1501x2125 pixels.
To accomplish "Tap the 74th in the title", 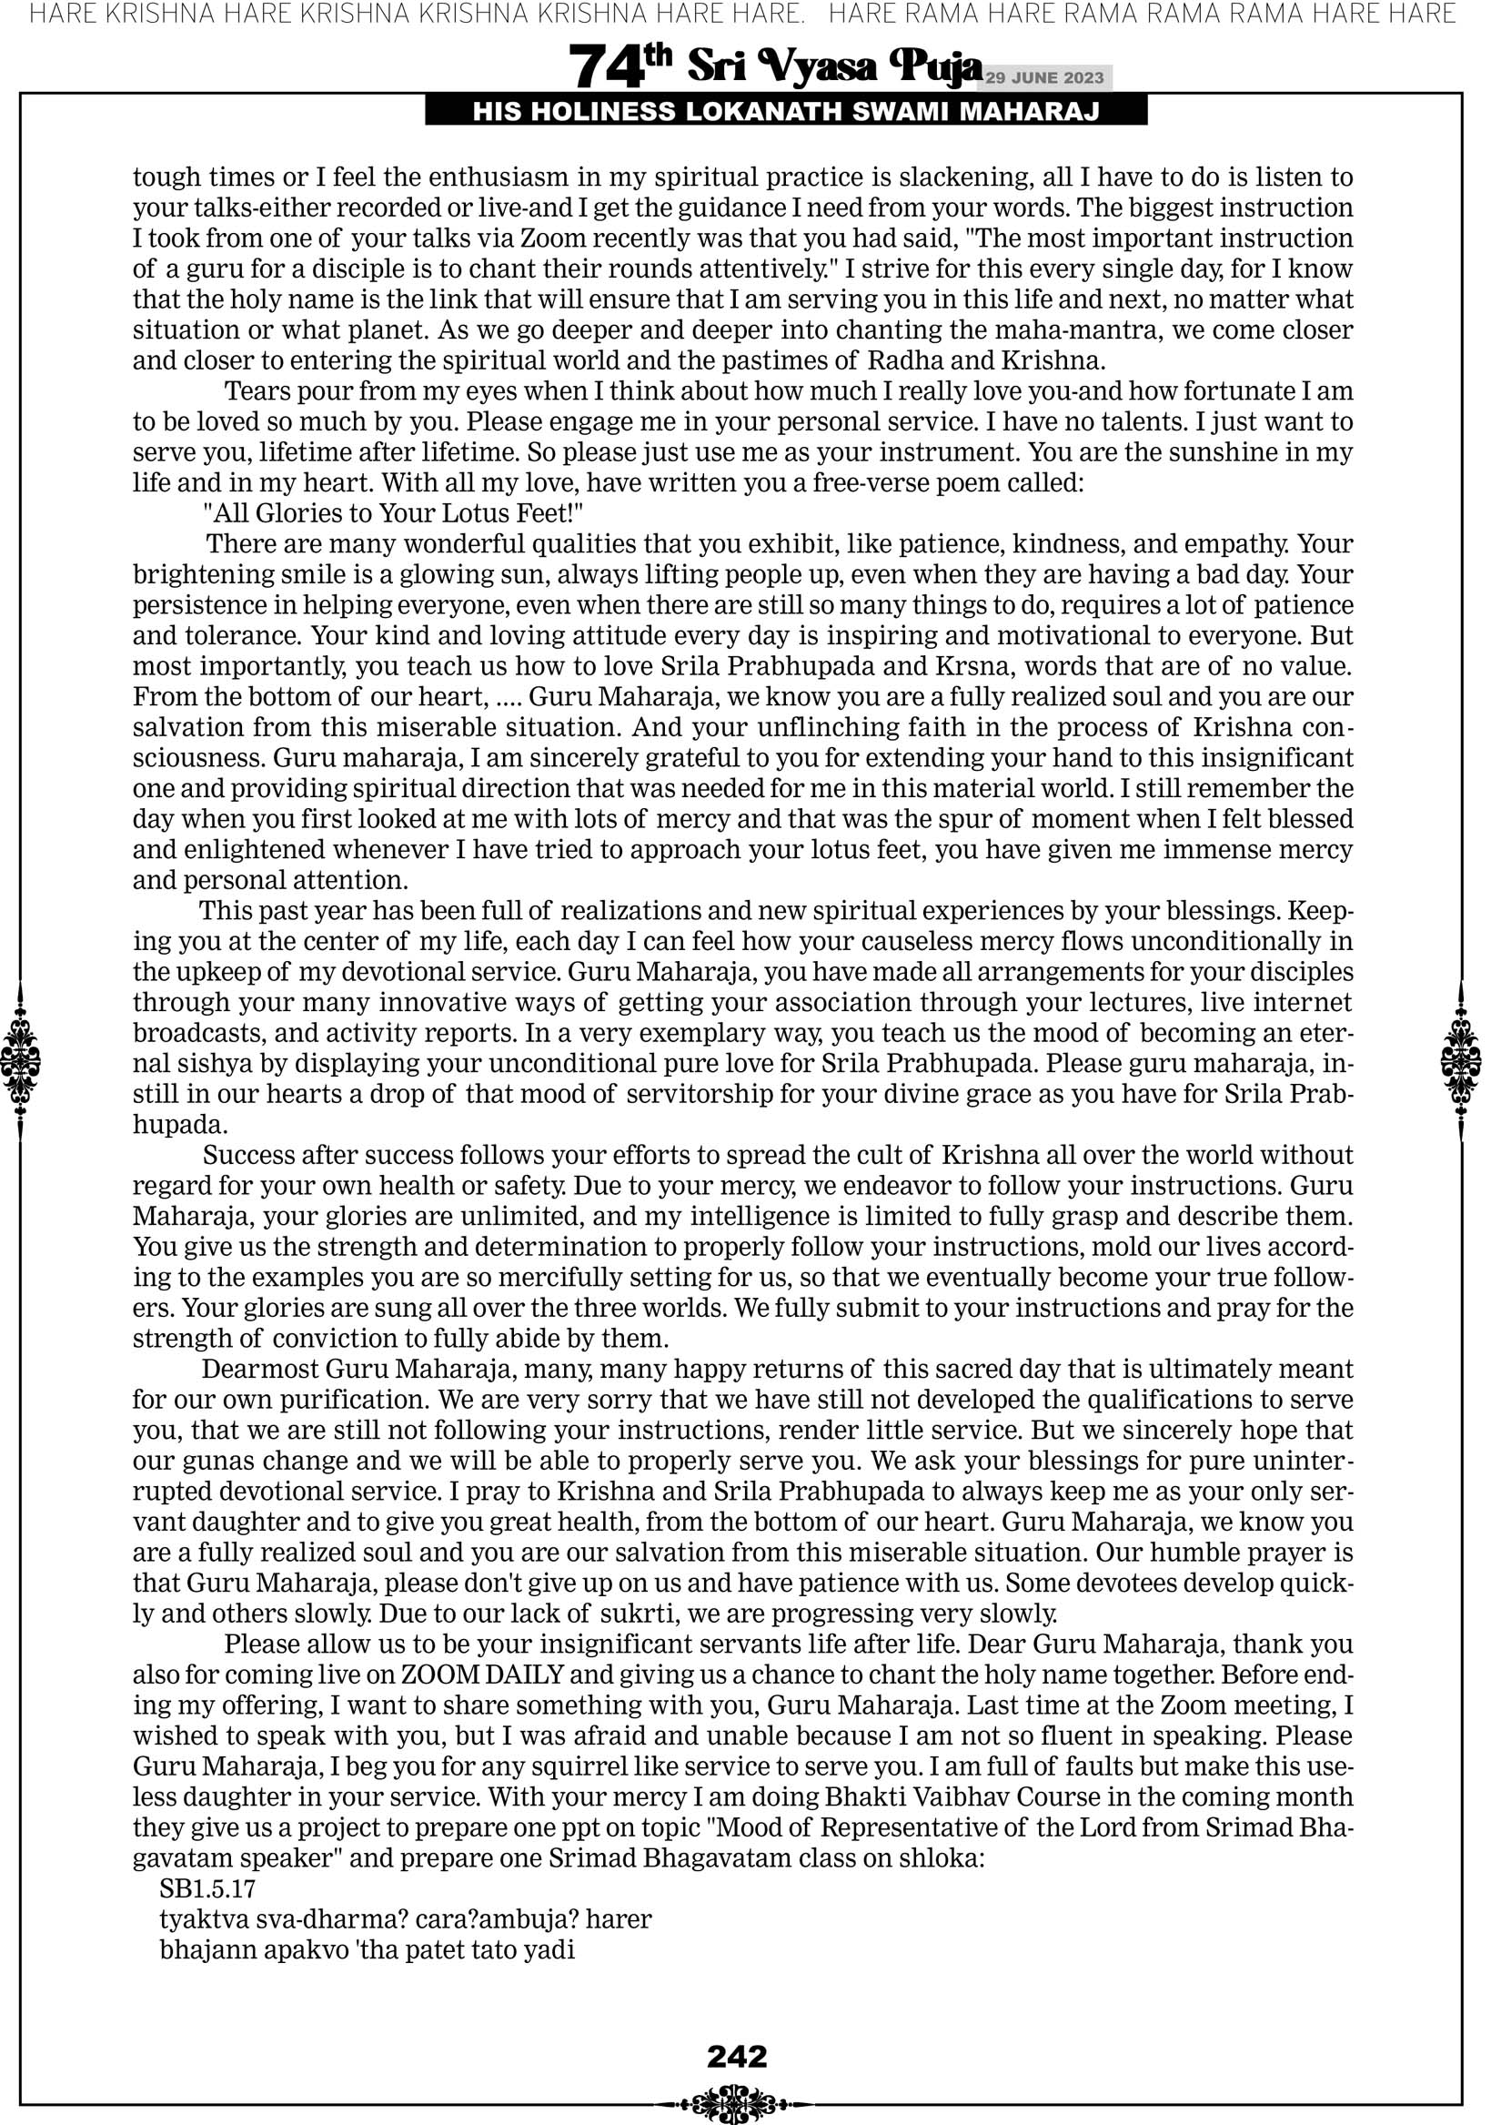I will click(x=620, y=66).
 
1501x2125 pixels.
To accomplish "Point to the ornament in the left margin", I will click(x=20, y=1060).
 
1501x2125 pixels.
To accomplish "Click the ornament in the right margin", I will click(x=1461, y=1060).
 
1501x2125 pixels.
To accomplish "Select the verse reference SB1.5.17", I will click(x=207, y=1888).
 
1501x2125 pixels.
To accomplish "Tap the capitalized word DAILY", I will click(x=528, y=1675).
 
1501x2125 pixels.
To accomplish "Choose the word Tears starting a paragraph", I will click(x=257, y=391).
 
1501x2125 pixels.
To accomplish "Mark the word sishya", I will click(x=176, y=1064).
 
